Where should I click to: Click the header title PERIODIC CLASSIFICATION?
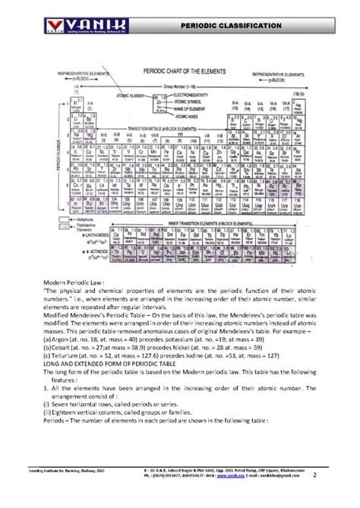(x=232, y=27)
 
